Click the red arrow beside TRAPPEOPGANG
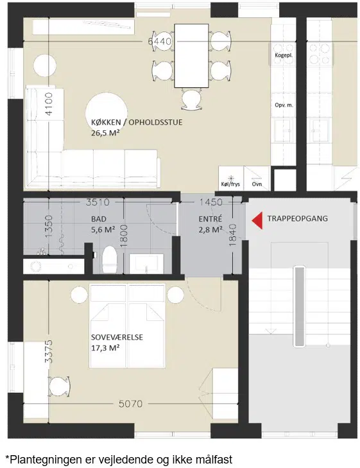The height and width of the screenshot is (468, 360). (257, 221)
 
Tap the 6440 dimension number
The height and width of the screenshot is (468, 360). (160, 41)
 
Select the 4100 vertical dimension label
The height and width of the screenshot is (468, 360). (48, 104)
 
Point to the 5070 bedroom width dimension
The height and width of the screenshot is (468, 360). (131, 404)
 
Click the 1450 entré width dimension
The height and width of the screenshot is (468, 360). (211, 202)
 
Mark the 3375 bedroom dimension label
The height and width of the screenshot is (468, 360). (48, 351)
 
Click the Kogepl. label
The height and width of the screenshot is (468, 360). (284, 55)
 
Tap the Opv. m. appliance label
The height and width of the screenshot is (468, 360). (284, 105)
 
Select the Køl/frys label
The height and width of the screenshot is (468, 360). (230, 184)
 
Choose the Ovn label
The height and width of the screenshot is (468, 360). (257, 184)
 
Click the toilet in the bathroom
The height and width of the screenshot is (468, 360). (109, 259)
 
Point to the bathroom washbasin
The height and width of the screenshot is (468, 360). (146, 264)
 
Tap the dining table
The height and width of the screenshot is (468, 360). (191, 56)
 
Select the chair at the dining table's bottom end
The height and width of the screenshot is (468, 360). (192, 101)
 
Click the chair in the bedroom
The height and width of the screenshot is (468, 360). (59, 386)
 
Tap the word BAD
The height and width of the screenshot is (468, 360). (99, 219)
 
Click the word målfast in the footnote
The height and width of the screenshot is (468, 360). (214, 459)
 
